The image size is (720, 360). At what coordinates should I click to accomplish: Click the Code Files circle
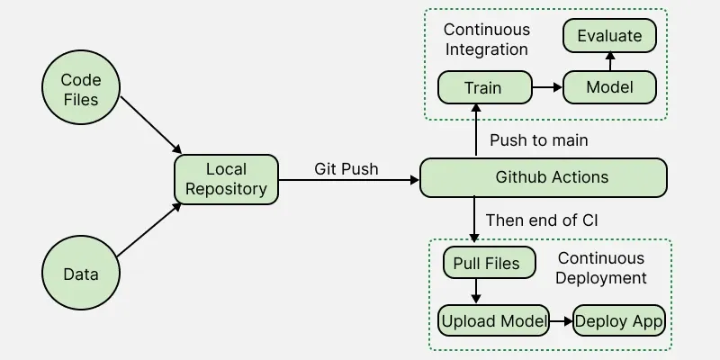(81, 91)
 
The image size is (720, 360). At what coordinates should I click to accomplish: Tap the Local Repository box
(226, 179)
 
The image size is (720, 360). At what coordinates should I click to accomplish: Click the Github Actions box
(544, 177)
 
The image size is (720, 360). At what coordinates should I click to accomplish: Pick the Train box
(483, 88)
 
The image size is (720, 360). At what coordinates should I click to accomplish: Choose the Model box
(609, 88)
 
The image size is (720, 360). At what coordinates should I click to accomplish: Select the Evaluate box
(609, 36)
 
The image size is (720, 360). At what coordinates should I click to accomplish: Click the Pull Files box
(489, 264)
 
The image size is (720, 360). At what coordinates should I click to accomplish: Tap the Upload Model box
(493, 320)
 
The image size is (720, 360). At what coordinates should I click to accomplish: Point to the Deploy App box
(619, 320)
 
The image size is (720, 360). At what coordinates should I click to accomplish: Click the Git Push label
(346, 168)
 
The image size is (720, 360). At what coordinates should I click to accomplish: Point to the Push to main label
(539, 140)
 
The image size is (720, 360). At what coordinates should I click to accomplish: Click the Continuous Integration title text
(486, 40)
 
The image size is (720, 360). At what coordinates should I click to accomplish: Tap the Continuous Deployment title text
(600, 268)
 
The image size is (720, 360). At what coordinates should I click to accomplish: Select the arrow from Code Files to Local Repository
(151, 123)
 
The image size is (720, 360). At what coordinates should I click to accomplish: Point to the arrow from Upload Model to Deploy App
(562, 320)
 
